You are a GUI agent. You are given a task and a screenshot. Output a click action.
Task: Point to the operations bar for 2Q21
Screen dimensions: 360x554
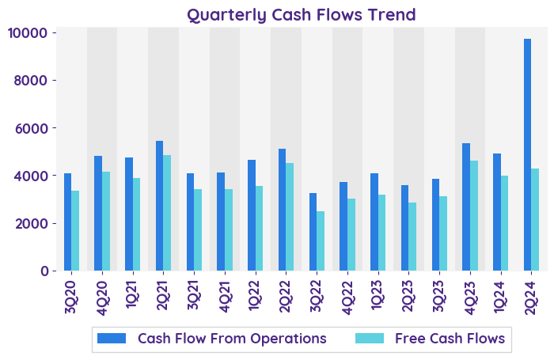pyautogui.click(x=160, y=206)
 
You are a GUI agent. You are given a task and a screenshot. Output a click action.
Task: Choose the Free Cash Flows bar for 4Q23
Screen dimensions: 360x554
pyautogui.click(x=474, y=215)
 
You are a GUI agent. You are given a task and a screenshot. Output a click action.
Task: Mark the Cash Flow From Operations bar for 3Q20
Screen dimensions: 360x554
pyautogui.click(x=68, y=222)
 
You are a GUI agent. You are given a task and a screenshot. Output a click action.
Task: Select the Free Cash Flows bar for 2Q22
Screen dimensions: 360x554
pyautogui.click(x=290, y=217)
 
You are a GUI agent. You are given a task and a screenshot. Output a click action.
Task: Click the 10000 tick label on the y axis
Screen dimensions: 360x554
pyautogui.click(x=28, y=33)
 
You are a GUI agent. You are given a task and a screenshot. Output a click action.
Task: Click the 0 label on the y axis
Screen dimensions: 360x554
pyautogui.click(x=44, y=271)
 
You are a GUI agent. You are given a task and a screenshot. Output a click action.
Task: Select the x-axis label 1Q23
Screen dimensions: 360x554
pyautogui.click(x=378, y=295)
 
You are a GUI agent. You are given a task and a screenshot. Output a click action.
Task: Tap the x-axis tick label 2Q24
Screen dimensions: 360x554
pyautogui.click(x=531, y=295)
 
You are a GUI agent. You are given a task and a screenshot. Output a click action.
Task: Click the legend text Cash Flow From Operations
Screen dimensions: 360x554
pyautogui.click(x=232, y=339)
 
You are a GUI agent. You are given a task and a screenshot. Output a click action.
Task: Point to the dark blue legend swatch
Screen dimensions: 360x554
pyautogui.click(x=112, y=339)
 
